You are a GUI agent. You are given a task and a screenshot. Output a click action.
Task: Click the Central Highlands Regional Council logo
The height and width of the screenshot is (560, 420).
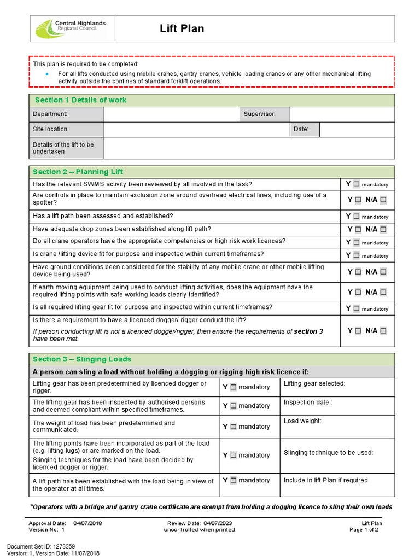coord(70,28)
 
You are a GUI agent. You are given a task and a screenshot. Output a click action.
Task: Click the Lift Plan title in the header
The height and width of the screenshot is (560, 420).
coord(182,28)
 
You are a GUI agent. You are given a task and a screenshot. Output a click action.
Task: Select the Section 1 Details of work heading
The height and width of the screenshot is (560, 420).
coord(80,100)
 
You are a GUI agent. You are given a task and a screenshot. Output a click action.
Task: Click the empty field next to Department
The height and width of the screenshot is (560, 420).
coord(171,114)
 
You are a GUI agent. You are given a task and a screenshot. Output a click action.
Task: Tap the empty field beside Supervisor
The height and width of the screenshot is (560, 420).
coord(342,114)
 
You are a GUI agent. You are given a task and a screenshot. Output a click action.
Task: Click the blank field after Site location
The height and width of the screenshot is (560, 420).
coord(196,130)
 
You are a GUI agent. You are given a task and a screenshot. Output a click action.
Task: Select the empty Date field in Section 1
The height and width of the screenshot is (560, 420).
coord(357,130)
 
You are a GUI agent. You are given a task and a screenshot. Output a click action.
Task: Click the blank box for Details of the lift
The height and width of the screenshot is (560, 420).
coord(249,148)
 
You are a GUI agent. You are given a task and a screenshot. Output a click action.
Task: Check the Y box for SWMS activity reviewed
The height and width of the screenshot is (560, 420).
coord(357,184)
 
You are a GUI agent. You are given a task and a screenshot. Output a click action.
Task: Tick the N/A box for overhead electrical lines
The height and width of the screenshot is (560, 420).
coord(383,200)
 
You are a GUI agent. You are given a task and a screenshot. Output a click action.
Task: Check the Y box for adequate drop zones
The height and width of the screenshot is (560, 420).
coord(358,230)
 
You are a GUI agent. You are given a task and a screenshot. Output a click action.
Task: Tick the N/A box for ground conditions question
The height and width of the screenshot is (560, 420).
coord(383,271)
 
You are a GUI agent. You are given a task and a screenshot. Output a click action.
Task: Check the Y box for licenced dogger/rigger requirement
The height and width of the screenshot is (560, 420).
coord(358,331)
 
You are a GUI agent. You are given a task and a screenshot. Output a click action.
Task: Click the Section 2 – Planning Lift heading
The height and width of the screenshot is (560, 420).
coord(78,172)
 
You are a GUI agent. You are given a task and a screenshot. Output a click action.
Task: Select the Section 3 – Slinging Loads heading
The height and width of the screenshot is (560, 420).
coord(82,359)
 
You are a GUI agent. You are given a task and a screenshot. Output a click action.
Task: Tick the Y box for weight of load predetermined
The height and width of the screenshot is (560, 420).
coord(234,427)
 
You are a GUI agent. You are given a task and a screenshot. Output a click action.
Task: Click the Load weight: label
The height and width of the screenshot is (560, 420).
coord(302,421)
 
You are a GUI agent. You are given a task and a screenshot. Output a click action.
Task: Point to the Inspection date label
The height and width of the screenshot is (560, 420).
coord(308,402)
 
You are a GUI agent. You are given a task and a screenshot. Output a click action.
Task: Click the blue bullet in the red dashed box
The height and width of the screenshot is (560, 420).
coord(48,74)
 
